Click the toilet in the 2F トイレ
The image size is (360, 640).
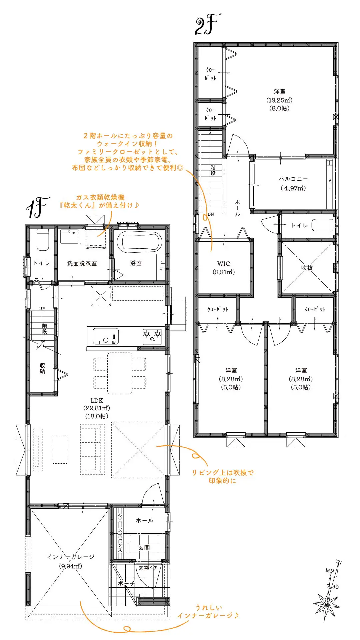[x=322, y=225]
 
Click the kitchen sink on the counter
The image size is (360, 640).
[x=106, y=336]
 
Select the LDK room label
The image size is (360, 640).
[x=97, y=401]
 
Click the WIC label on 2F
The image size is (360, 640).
[x=224, y=264]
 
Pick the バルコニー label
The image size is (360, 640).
[x=293, y=179]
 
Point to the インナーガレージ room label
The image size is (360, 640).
[x=71, y=557]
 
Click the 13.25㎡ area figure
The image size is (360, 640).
[x=279, y=100]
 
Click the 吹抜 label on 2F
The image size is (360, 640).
[x=307, y=268]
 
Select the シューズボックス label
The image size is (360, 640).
[x=120, y=533]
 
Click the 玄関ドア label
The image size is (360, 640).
[x=148, y=567]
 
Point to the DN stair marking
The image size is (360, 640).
[x=211, y=214]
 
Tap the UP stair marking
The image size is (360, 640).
[x=42, y=309]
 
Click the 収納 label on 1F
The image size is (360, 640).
[x=42, y=369]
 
